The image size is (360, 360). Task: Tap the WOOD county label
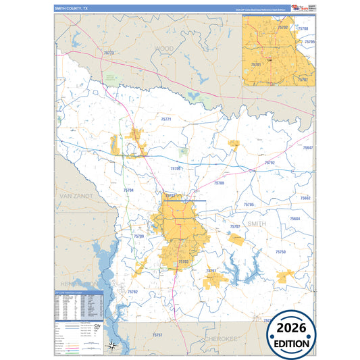(164, 49)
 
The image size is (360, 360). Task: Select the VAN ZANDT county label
(75, 195)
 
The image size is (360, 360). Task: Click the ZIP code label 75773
(109, 53)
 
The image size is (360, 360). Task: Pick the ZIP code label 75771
(166, 119)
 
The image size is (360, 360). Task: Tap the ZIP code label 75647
(307, 147)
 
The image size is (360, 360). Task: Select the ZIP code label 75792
(269, 163)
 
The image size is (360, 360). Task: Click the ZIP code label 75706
(176, 168)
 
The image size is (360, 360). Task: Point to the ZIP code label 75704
(128, 190)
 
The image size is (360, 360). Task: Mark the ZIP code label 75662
(305, 198)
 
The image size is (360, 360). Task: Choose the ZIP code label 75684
(295, 219)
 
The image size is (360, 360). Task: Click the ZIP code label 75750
(280, 251)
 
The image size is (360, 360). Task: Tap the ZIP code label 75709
(138, 236)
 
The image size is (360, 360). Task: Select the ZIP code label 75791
(211, 270)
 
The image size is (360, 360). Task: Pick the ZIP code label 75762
(132, 292)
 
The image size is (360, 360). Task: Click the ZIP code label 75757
(157, 335)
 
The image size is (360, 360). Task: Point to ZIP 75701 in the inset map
(256, 64)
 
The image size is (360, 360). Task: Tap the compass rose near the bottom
(113, 346)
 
